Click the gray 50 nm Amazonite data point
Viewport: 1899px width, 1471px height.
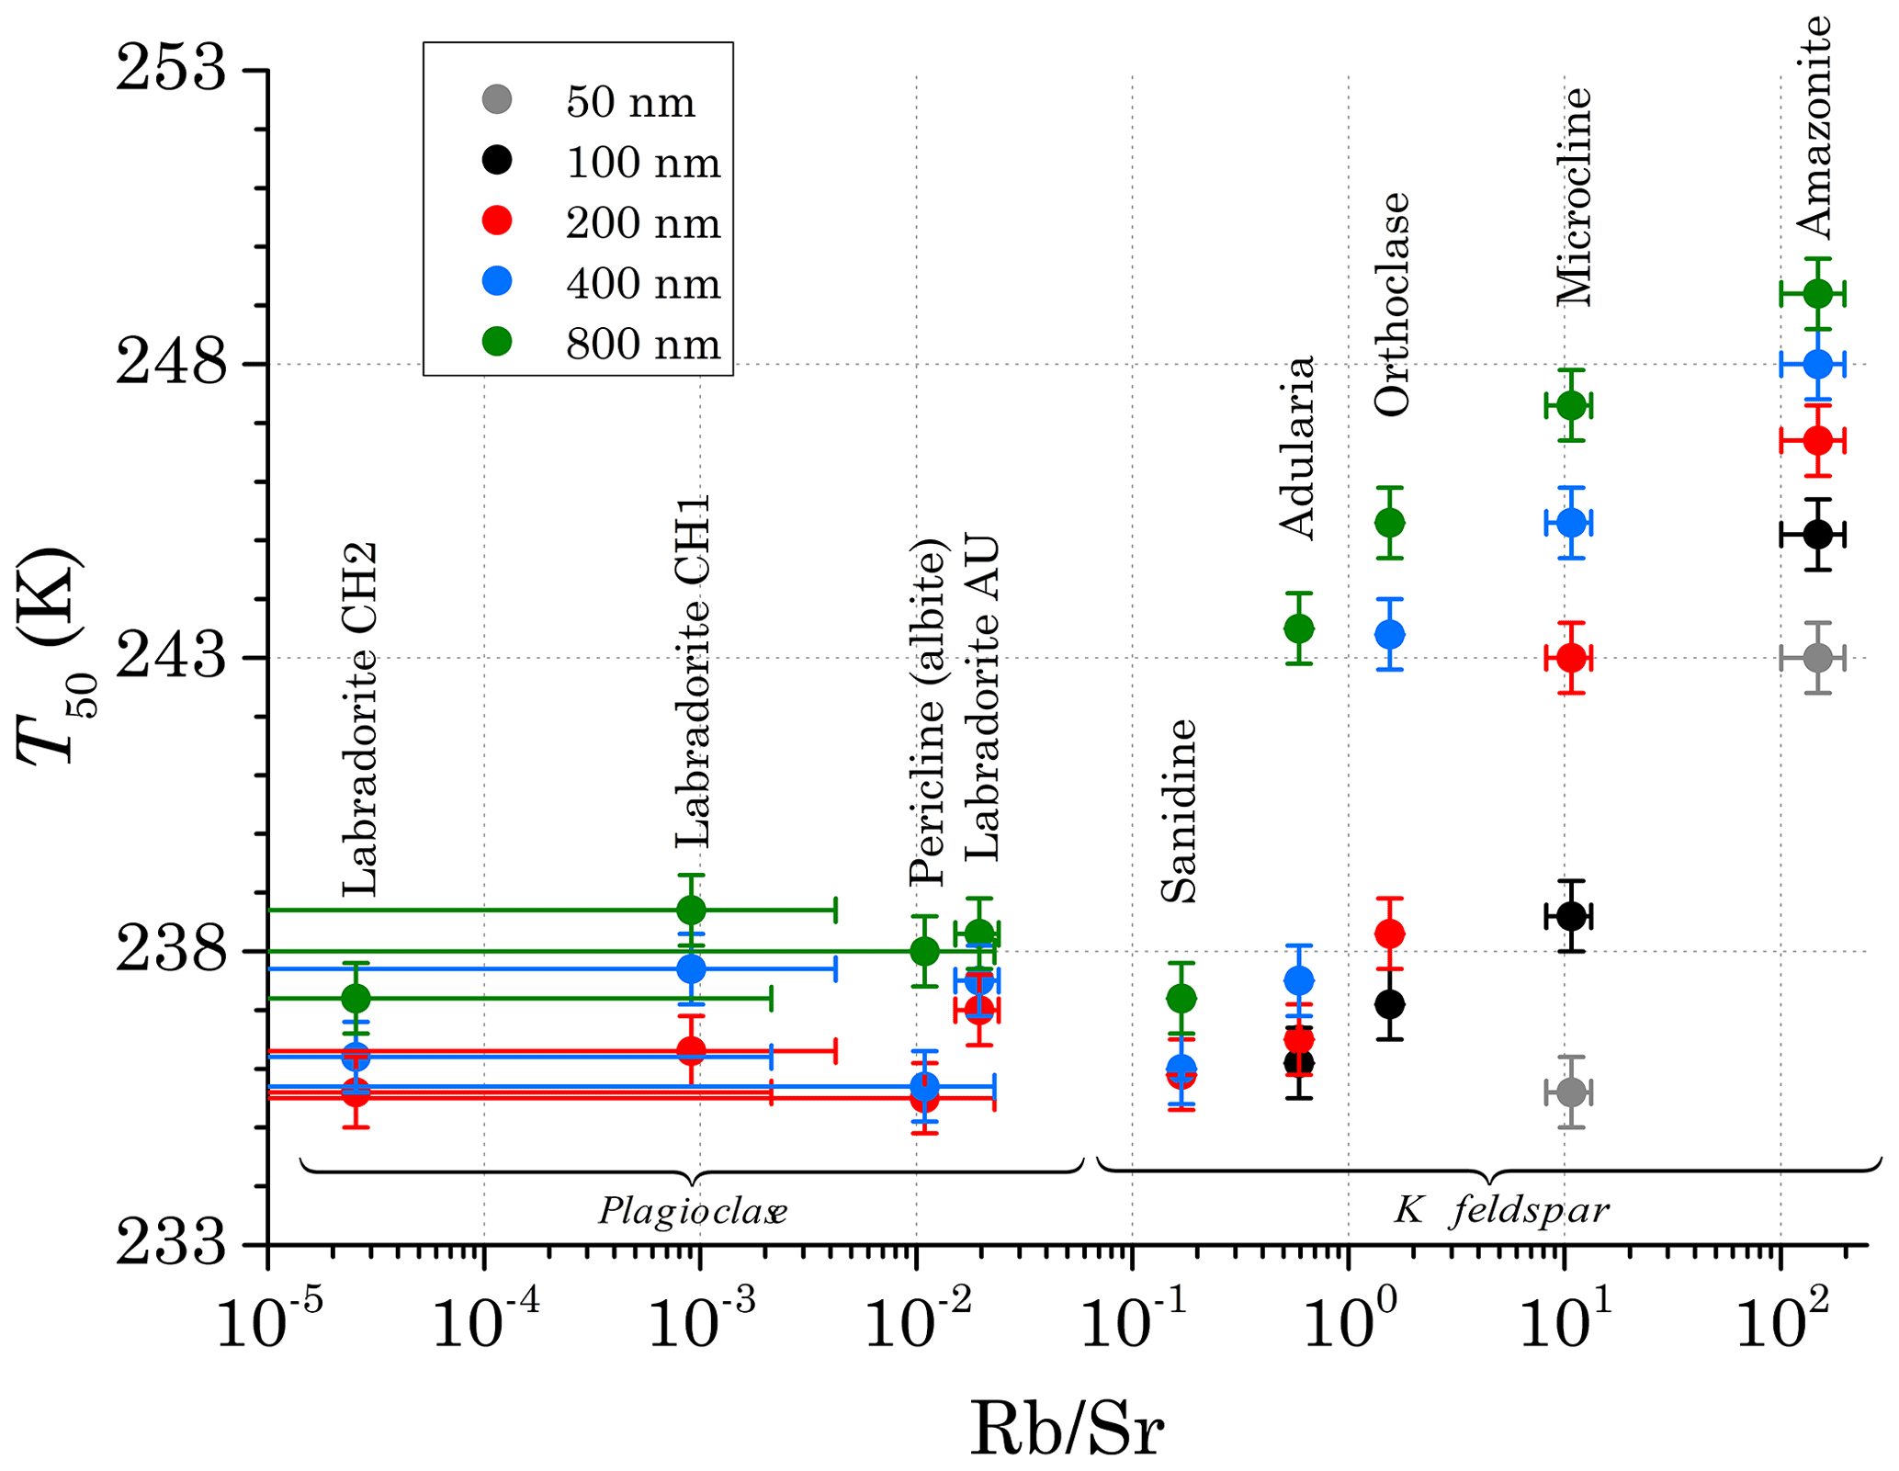tap(1816, 658)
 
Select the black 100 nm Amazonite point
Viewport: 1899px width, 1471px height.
tap(1816, 534)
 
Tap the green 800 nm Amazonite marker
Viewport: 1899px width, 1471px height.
tap(1816, 294)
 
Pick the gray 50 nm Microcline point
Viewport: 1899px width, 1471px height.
tap(1572, 1092)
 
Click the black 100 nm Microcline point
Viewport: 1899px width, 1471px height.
tap(1572, 916)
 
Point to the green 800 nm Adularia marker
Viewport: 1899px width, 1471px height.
tap(1298, 628)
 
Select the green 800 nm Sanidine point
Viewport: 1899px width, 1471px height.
tap(1181, 998)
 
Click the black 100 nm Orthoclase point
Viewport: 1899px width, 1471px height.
tap(1390, 1003)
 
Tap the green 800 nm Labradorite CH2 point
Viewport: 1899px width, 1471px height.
tap(356, 998)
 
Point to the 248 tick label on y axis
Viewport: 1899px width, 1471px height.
tap(171, 364)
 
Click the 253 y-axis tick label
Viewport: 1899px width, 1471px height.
tap(171, 70)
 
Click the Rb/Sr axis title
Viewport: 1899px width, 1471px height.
tap(1067, 1430)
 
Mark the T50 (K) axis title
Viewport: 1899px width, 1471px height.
tap(51, 656)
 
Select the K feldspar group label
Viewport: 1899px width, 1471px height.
tap(1501, 1211)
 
